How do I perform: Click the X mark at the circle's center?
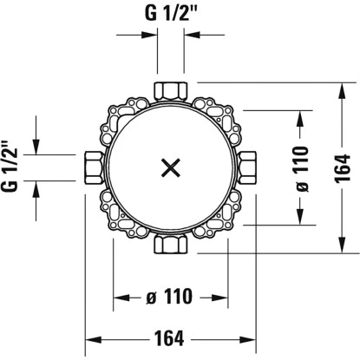click(171, 167)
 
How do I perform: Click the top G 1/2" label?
click(171, 13)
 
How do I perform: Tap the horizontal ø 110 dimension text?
click(169, 296)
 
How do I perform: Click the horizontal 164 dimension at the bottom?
click(169, 338)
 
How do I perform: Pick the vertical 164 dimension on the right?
click(342, 168)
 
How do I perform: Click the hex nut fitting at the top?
click(171, 90)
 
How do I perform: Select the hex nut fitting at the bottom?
click(171, 245)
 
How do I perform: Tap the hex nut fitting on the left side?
click(94, 167)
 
